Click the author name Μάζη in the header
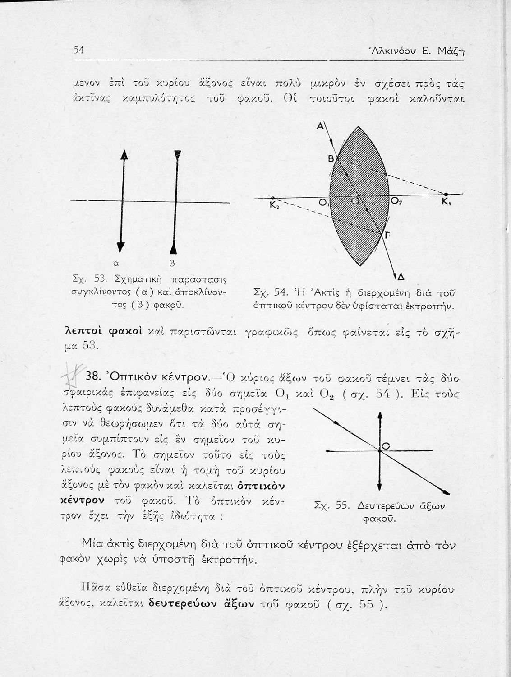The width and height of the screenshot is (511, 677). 451,52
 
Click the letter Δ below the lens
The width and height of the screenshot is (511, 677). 400,277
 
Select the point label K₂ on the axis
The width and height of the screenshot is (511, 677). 274,205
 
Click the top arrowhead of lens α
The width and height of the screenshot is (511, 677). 122,156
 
